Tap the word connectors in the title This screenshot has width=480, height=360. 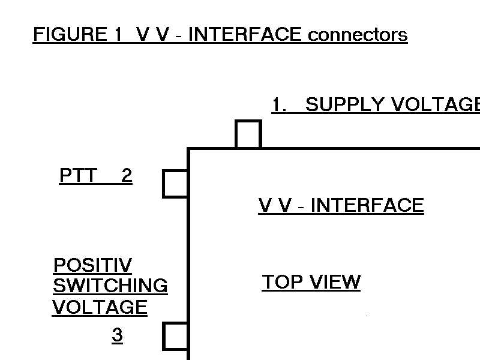358,35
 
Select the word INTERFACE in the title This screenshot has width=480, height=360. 245,35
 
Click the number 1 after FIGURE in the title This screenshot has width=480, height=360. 118,35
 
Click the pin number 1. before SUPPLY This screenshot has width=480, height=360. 279,105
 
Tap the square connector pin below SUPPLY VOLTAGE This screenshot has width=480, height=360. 248,134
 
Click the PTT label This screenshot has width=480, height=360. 78,176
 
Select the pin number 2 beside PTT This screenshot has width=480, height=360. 126,176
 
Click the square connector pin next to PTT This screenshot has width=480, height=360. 176,184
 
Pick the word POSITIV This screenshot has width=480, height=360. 92,265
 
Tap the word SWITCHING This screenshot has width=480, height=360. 110,286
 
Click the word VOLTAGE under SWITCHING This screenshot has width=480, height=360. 100,307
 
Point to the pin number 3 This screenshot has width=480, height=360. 117,335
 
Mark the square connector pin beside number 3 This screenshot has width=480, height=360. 176,336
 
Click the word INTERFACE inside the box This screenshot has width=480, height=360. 367,206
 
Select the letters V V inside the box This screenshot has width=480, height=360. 275,206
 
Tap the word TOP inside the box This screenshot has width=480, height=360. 282,282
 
